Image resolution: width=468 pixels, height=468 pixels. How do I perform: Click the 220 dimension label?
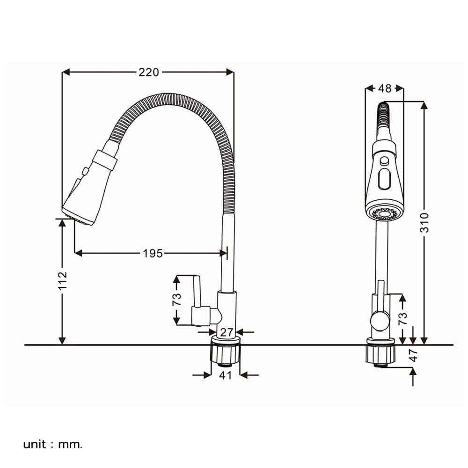(149, 72)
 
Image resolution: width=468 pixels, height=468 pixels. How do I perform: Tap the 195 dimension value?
(153, 253)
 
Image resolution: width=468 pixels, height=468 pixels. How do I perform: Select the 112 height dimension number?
(63, 280)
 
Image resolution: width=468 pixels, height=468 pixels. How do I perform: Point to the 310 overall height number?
(424, 223)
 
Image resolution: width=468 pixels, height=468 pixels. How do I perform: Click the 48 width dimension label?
(384, 88)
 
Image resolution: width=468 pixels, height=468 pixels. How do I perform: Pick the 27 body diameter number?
(226, 332)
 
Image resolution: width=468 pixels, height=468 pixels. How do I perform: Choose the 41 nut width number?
(226, 375)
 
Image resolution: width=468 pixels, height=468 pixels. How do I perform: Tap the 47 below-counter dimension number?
(413, 355)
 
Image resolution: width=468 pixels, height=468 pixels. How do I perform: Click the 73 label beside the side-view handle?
(176, 299)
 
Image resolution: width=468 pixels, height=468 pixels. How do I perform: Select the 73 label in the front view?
(402, 318)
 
